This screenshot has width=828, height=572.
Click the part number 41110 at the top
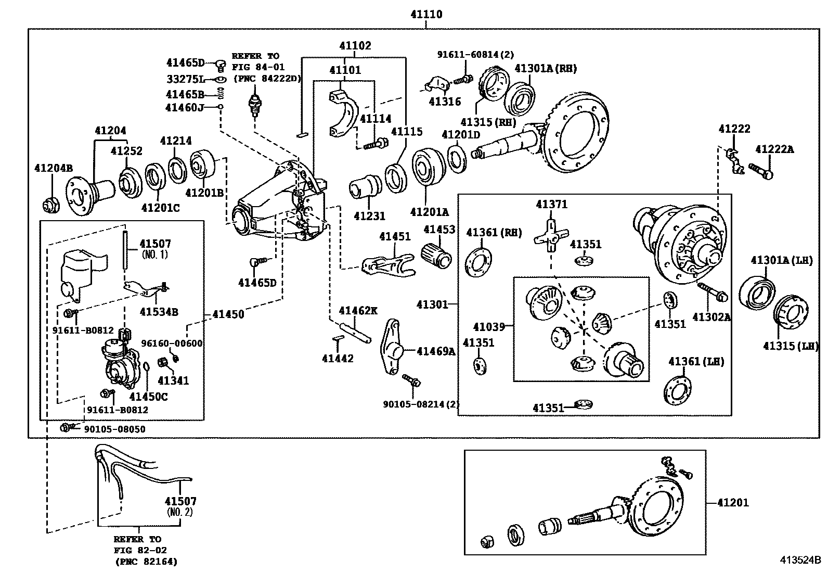click(425, 14)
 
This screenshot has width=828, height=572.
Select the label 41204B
click(54, 168)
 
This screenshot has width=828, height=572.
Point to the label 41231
click(369, 215)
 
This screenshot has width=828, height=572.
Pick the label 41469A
click(436, 351)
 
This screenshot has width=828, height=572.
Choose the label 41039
click(489, 327)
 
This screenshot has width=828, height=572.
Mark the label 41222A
click(774, 149)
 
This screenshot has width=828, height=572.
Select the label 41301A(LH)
click(781, 260)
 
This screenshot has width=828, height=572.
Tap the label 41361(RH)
click(494, 233)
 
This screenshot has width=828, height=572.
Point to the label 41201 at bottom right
click(733, 503)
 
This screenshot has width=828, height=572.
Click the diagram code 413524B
click(799, 561)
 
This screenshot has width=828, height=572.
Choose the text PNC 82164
click(146, 562)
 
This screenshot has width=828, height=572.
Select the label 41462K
click(358, 311)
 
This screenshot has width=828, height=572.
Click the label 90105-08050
click(115, 429)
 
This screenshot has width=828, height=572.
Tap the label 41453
click(439, 230)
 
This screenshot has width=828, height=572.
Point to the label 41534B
click(159, 312)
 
